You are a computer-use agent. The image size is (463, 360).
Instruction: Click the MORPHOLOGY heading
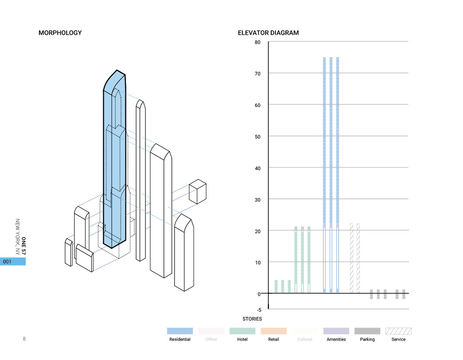point(60,33)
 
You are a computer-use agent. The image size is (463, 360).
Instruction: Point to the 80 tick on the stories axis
point(257,42)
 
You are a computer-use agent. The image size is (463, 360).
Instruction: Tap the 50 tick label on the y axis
point(257,136)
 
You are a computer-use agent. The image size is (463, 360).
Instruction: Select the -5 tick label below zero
point(258,310)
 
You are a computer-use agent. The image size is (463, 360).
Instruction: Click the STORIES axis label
point(252,319)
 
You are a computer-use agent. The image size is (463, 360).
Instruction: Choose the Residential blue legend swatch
point(180,331)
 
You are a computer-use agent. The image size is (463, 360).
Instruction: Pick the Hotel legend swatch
point(242,331)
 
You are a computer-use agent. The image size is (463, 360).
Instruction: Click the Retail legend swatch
point(273,331)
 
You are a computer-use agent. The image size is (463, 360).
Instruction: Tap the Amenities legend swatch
point(336,331)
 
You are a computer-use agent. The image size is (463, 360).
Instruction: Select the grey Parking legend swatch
point(367,331)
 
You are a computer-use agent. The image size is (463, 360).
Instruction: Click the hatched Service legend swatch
point(398,331)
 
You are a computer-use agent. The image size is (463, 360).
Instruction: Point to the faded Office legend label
point(211,340)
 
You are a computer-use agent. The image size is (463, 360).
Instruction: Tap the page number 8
point(24,339)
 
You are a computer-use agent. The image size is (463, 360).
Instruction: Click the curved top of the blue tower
point(115,78)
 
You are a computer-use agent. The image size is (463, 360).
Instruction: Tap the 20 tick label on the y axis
point(257,231)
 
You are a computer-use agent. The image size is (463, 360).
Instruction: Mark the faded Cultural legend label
point(305,340)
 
